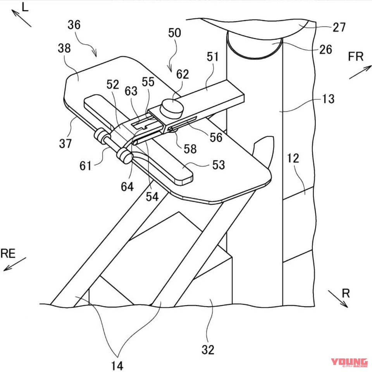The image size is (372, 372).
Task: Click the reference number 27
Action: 339,28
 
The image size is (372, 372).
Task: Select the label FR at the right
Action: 355,57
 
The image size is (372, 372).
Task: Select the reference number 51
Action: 213,57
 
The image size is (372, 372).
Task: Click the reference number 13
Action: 328,99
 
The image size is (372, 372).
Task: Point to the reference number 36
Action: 74,25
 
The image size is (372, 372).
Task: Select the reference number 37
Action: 65,143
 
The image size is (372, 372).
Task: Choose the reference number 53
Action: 218,165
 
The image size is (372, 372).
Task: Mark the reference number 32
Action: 208,350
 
